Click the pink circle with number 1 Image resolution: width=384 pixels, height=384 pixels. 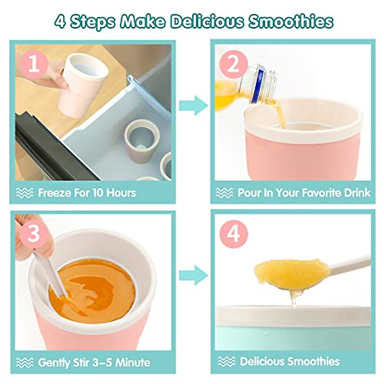click(x=34, y=64)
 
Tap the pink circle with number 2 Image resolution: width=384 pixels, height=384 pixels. click(x=233, y=64)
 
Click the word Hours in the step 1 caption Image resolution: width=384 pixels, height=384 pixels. click(x=121, y=193)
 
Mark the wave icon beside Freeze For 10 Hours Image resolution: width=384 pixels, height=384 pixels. click(x=25, y=193)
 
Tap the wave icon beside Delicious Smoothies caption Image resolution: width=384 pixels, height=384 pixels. click(x=226, y=362)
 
